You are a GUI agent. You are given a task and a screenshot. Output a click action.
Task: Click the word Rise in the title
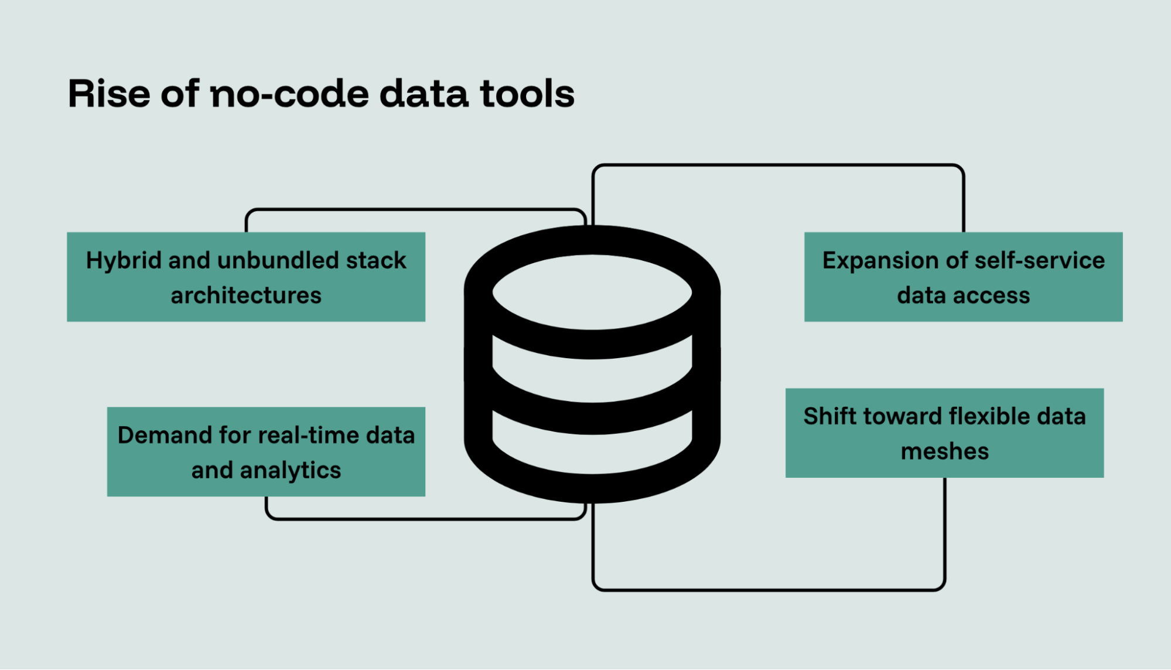tap(109, 94)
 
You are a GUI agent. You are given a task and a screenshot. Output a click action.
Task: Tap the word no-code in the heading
tap(289, 94)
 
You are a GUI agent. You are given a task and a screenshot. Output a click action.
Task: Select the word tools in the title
tap(527, 94)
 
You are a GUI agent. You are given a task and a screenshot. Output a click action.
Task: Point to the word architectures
tap(246, 295)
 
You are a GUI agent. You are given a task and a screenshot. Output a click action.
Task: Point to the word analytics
tap(290, 471)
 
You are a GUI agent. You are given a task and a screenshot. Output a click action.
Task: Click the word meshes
tap(944, 452)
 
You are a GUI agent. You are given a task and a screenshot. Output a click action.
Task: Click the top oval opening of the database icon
tap(592, 291)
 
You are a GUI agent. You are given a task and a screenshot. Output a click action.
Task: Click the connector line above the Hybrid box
tap(416, 209)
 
